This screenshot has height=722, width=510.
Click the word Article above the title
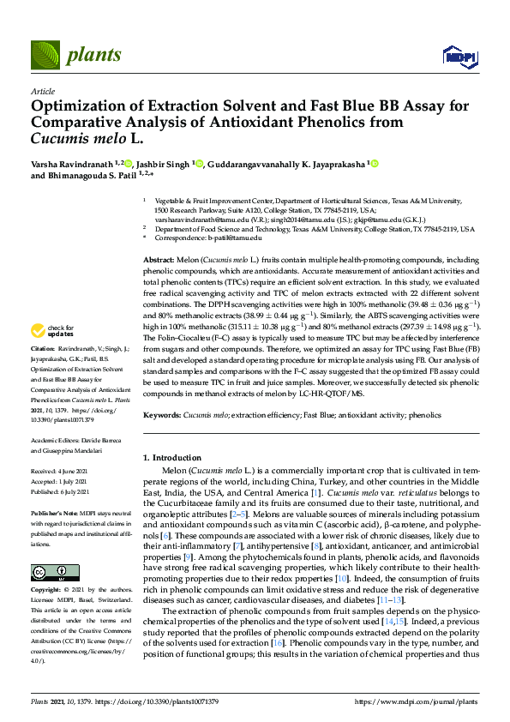42,91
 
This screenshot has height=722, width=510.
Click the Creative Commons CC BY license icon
49,548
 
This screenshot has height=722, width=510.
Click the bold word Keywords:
161,415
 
